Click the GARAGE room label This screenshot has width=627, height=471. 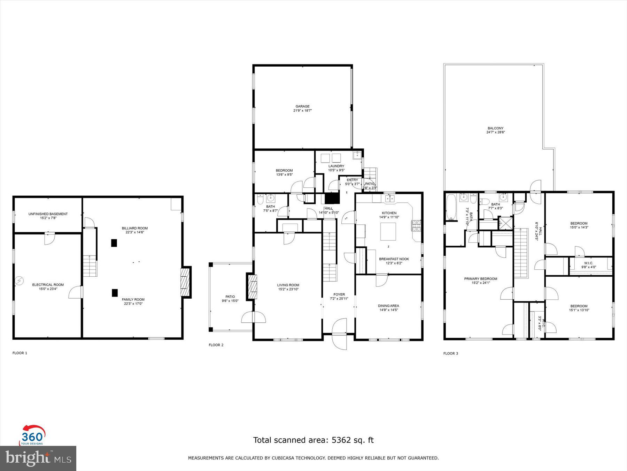click(x=302, y=107)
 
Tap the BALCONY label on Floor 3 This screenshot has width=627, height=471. click(x=495, y=128)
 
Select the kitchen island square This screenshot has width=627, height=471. click(x=388, y=232)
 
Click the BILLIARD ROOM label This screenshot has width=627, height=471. click(x=135, y=228)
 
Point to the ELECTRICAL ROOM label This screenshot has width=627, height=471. click(x=48, y=285)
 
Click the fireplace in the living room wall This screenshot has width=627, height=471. click(x=252, y=287)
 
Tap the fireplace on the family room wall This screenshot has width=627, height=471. click(x=186, y=282)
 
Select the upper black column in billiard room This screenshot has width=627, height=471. click(x=114, y=243)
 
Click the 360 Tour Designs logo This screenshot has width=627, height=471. click(x=32, y=435)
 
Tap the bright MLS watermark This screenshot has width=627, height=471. click(x=38, y=458)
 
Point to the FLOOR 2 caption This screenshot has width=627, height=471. click(x=216, y=345)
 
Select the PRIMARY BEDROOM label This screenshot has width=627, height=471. click(x=480, y=279)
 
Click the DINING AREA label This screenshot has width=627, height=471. click(x=388, y=306)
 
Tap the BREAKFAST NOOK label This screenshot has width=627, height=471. click(x=394, y=259)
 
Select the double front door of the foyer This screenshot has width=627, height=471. click(x=339, y=333)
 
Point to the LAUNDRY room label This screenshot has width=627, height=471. click(x=336, y=166)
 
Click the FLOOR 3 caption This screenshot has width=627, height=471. click(x=450, y=353)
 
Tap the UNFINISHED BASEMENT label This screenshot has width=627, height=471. click(x=48, y=214)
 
